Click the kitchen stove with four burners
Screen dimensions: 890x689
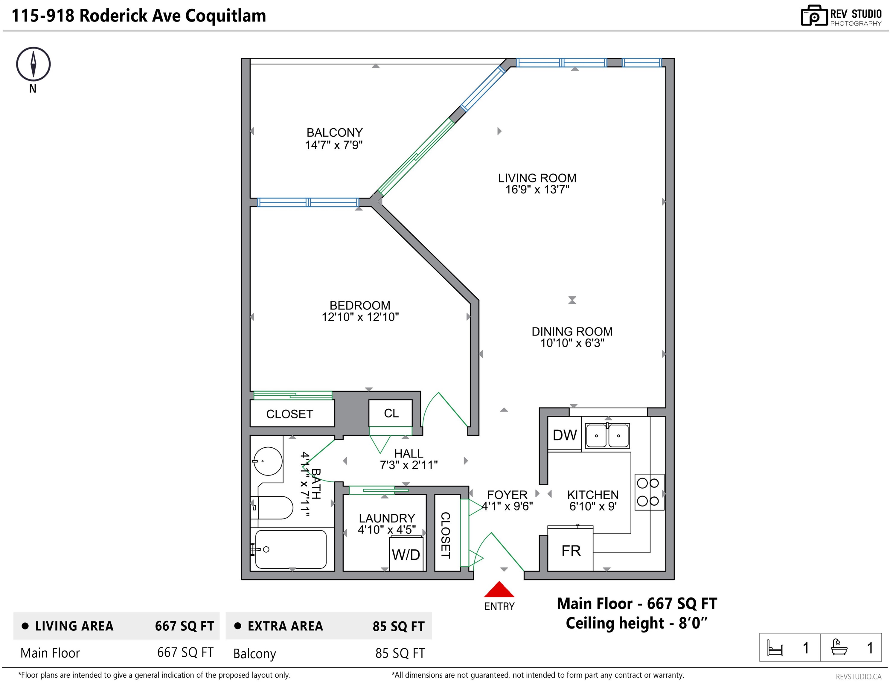tap(650, 492)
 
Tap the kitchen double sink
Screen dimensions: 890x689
tap(607, 436)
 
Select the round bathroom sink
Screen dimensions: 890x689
tap(268, 461)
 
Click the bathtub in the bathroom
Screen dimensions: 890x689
tap(291, 549)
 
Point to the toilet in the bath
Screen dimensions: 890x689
tap(272, 507)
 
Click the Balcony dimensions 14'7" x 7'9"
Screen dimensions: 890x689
tap(334, 145)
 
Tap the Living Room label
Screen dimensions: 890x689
tap(537, 178)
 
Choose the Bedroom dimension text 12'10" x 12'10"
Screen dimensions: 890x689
tap(360, 317)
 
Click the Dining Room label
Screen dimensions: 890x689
tap(572, 332)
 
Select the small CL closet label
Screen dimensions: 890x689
tap(391, 413)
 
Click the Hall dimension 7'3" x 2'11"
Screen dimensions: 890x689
tap(409, 465)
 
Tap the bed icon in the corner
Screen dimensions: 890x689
tap(775, 647)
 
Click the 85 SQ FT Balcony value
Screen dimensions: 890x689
tap(400, 653)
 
